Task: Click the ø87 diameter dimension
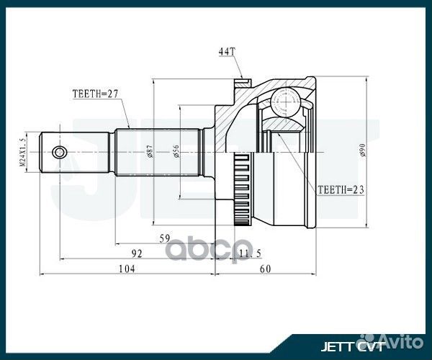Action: click(149, 152)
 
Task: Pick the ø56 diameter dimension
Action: click(176, 152)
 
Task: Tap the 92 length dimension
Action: click(137, 253)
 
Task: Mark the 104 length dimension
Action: click(127, 269)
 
